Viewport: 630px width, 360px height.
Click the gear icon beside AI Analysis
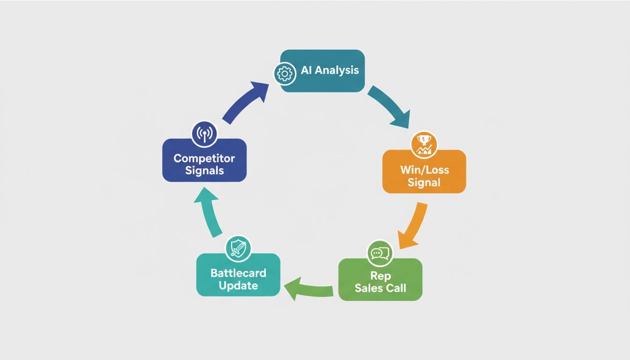click(x=285, y=74)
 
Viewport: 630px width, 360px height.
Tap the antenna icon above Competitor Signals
click(x=204, y=134)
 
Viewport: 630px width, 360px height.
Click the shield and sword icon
click(x=238, y=248)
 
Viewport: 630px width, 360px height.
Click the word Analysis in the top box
click(x=337, y=70)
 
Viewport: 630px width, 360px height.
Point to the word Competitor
click(x=204, y=158)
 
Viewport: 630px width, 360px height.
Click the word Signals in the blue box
click(x=204, y=171)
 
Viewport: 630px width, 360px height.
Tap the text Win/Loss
click(x=424, y=170)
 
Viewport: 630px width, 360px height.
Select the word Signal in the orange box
click(x=424, y=182)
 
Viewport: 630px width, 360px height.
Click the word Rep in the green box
click(x=381, y=276)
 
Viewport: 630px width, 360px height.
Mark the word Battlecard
click(x=238, y=273)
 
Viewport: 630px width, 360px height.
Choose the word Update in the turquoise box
click(x=238, y=286)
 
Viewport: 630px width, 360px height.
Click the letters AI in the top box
click(x=306, y=70)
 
